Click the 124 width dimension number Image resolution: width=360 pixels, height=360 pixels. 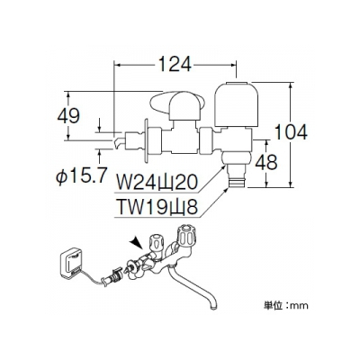(175, 64)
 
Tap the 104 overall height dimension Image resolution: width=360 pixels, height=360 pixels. (291, 132)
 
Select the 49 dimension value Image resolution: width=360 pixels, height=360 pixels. (68, 116)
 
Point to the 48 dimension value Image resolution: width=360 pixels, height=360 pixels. (266, 162)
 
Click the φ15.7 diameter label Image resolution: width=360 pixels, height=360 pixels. (81, 175)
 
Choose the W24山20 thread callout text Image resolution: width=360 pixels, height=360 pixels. (156, 182)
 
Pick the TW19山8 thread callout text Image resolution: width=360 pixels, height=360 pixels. (157, 207)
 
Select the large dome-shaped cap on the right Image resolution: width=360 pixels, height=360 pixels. (237, 103)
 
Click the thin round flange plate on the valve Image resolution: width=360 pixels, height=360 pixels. (147, 141)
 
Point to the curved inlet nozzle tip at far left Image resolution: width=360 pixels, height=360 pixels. (118, 142)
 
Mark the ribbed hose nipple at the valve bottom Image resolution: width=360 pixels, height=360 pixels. (237, 178)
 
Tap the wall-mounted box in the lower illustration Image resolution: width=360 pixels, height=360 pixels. (72, 263)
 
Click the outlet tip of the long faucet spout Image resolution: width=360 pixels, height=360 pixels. (212, 307)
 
